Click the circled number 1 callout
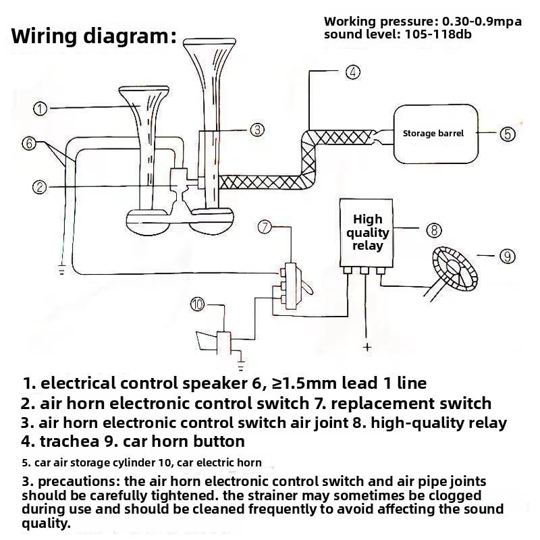point(40,109)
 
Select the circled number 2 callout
point(40,187)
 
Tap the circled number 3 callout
point(257,130)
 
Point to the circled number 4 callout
point(352,72)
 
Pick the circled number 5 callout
point(508,134)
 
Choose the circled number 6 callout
point(29,143)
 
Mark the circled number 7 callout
point(265,227)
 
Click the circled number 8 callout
point(434,230)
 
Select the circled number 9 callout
point(508,256)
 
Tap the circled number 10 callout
point(197,304)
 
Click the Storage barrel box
point(435,134)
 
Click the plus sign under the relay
point(367,347)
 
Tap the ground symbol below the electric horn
point(241,366)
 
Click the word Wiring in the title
point(43,36)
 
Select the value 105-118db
point(438,34)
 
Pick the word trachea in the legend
point(70,441)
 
